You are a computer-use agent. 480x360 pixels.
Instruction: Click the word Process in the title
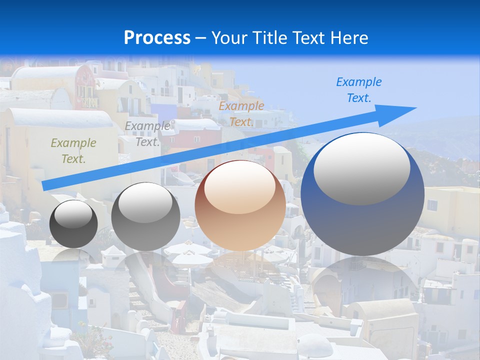click(157, 37)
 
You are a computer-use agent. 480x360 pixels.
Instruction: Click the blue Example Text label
click(358, 90)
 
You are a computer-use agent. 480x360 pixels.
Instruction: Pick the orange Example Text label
click(241, 114)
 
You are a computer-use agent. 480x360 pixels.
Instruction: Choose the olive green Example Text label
click(73, 151)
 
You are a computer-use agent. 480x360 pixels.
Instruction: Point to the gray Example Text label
click(147, 134)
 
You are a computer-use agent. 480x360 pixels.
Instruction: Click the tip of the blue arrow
click(415, 108)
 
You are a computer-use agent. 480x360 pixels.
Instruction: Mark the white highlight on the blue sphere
click(361, 169)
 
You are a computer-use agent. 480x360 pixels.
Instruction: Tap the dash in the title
click(200, 38)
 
